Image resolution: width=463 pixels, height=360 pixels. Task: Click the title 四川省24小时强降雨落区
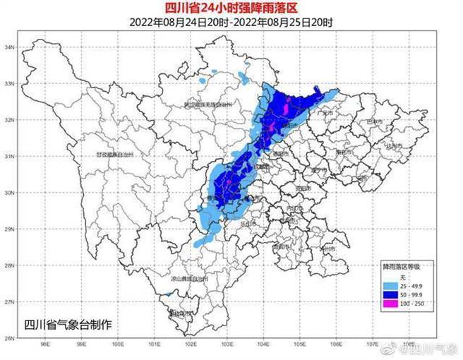click(x=231, y=8)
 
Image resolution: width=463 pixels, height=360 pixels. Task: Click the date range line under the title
click(x=231, y=22)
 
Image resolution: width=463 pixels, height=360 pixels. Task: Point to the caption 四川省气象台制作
click(x=68, y=325)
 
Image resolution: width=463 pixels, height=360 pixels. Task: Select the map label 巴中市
click(x=374, y=122)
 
